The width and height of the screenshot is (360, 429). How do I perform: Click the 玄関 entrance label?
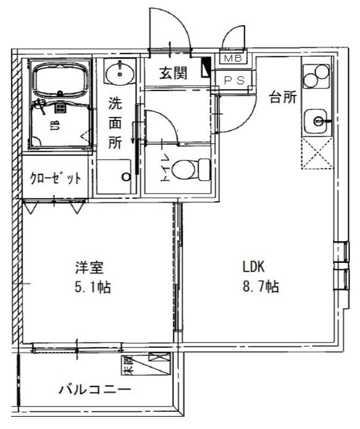tap(173, 72)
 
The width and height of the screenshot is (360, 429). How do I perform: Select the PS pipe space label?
tap(234, 80)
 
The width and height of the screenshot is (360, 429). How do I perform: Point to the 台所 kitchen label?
tap(282, 98)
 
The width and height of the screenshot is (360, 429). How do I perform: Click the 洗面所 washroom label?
tap(115, 122)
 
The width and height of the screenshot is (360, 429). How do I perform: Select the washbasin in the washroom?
tap(119, 72)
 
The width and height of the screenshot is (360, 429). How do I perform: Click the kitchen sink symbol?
tap(317, 121)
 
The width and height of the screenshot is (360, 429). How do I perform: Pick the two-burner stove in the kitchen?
tap(315, 76)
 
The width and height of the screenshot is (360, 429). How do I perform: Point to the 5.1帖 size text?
tap(92, 288)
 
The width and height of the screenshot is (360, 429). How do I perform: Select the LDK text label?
tap(254, 267)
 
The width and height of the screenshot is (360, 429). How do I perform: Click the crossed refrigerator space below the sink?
tap(317, 154)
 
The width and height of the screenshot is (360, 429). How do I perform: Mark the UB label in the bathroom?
tap(55, 125)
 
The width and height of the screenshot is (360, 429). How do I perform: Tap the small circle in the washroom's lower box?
tap(127, 176)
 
